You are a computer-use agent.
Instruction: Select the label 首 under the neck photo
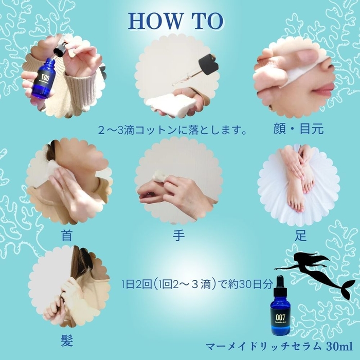click(66, 236)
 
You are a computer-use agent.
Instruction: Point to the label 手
click(178, 236)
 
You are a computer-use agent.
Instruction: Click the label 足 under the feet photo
click(301, 236)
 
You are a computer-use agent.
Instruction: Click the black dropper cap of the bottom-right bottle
click(280, 283)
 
